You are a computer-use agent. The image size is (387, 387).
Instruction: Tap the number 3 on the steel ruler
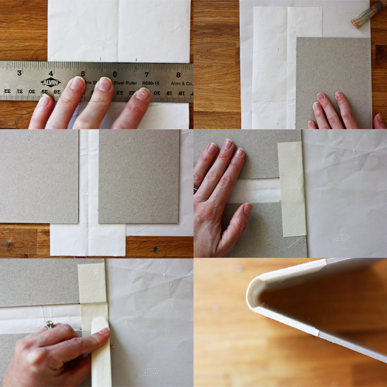point(19,73)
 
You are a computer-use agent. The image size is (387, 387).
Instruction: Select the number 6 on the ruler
point(114,74)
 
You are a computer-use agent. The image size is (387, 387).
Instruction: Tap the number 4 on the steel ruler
point(51,73)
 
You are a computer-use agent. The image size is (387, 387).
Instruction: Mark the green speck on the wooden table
point(155,249)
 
